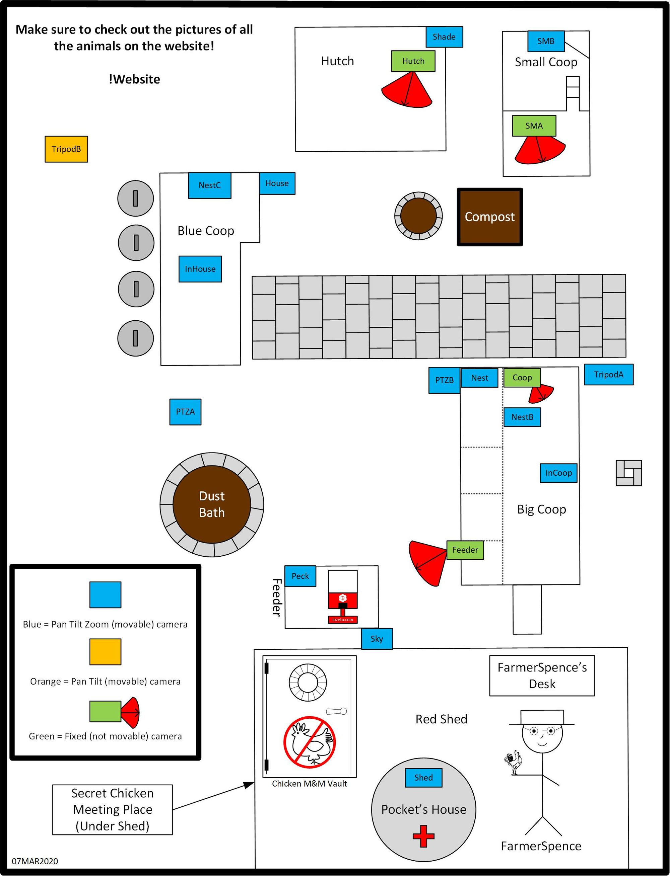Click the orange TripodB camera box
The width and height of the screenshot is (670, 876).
click(66, 149)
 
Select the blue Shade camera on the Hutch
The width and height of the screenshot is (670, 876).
click(444, 37)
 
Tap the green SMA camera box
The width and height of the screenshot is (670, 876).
click(534, 126)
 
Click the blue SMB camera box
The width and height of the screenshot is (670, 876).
click(546, 41)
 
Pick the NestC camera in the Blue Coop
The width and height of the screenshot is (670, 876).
click(209, 185)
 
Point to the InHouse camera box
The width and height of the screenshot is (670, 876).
click(200, 269)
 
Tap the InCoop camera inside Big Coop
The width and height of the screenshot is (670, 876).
click(558, 473)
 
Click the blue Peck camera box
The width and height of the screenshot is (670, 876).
click(300, 576)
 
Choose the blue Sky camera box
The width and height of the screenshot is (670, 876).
click(377, 639)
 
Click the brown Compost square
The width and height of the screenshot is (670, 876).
click(489, 217)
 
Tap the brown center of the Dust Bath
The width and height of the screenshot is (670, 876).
click(212, 504)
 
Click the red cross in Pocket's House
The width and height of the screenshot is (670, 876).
click(423, 836)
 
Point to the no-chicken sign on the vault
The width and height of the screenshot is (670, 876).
click(309, 742)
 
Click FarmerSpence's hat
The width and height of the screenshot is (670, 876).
click(542, 717)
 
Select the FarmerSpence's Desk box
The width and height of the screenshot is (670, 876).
click(542, 675)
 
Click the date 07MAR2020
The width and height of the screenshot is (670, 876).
click(35, 861)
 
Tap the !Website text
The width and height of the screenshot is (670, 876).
click(134, 79)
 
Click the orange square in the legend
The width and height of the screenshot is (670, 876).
click(105, 652)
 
